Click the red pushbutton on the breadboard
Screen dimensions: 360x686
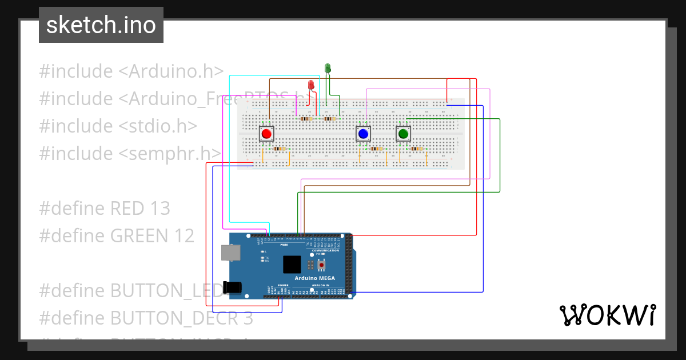pyautogui.click(x=266, y=134)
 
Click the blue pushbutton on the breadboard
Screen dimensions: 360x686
pyautogui.click(x=363, y=134)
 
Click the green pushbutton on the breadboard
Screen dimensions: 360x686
pyautogui.click(x=403, y=134)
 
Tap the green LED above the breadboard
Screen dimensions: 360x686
pyautogui.click(x=328, y=69)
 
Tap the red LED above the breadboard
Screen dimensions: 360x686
pyautogui.click(x=311, y=85)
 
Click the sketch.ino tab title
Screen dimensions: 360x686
pyautogui.click(x=101, y=25)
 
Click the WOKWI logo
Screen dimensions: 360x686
pyautogui.click(x=607, y=315)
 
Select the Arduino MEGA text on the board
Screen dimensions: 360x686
pyautogui.click(x=315, y=278)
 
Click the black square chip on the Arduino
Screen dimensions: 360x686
pyautogui.click(x=292, y=265)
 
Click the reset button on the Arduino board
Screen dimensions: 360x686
pyautogui.click(x=322, y=265)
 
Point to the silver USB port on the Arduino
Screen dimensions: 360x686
pyautogui.click(x=230, y=252)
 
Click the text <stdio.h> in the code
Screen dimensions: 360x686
pyautogui.click(x=158, y=126)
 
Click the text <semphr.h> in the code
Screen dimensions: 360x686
pyautogui.click(x=170, y=153)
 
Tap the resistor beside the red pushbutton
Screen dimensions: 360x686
pyautogui.click(x=280, y=149)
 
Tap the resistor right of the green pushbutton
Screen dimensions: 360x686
pyautogui.click(x=417, y=149)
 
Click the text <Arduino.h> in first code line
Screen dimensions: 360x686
pyautogui.click(x=170, y=71)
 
